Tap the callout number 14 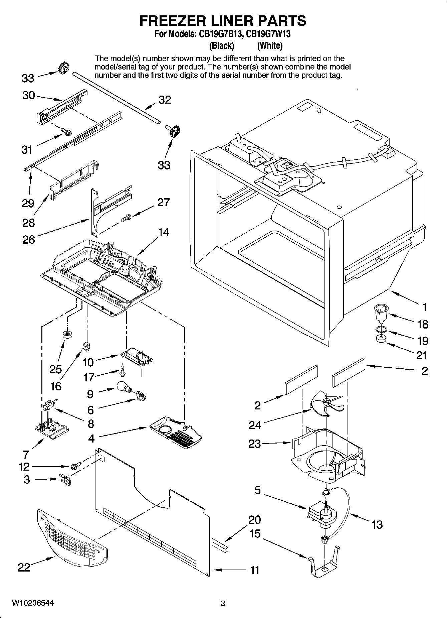point(164,232)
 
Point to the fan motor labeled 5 point(320,515)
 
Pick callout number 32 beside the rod point(165,100)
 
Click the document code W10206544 point(32,603)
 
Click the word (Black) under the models point(221,45)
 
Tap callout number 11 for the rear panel point(255,570)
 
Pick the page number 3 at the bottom point(223,603)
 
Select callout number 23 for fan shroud point(254,444)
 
